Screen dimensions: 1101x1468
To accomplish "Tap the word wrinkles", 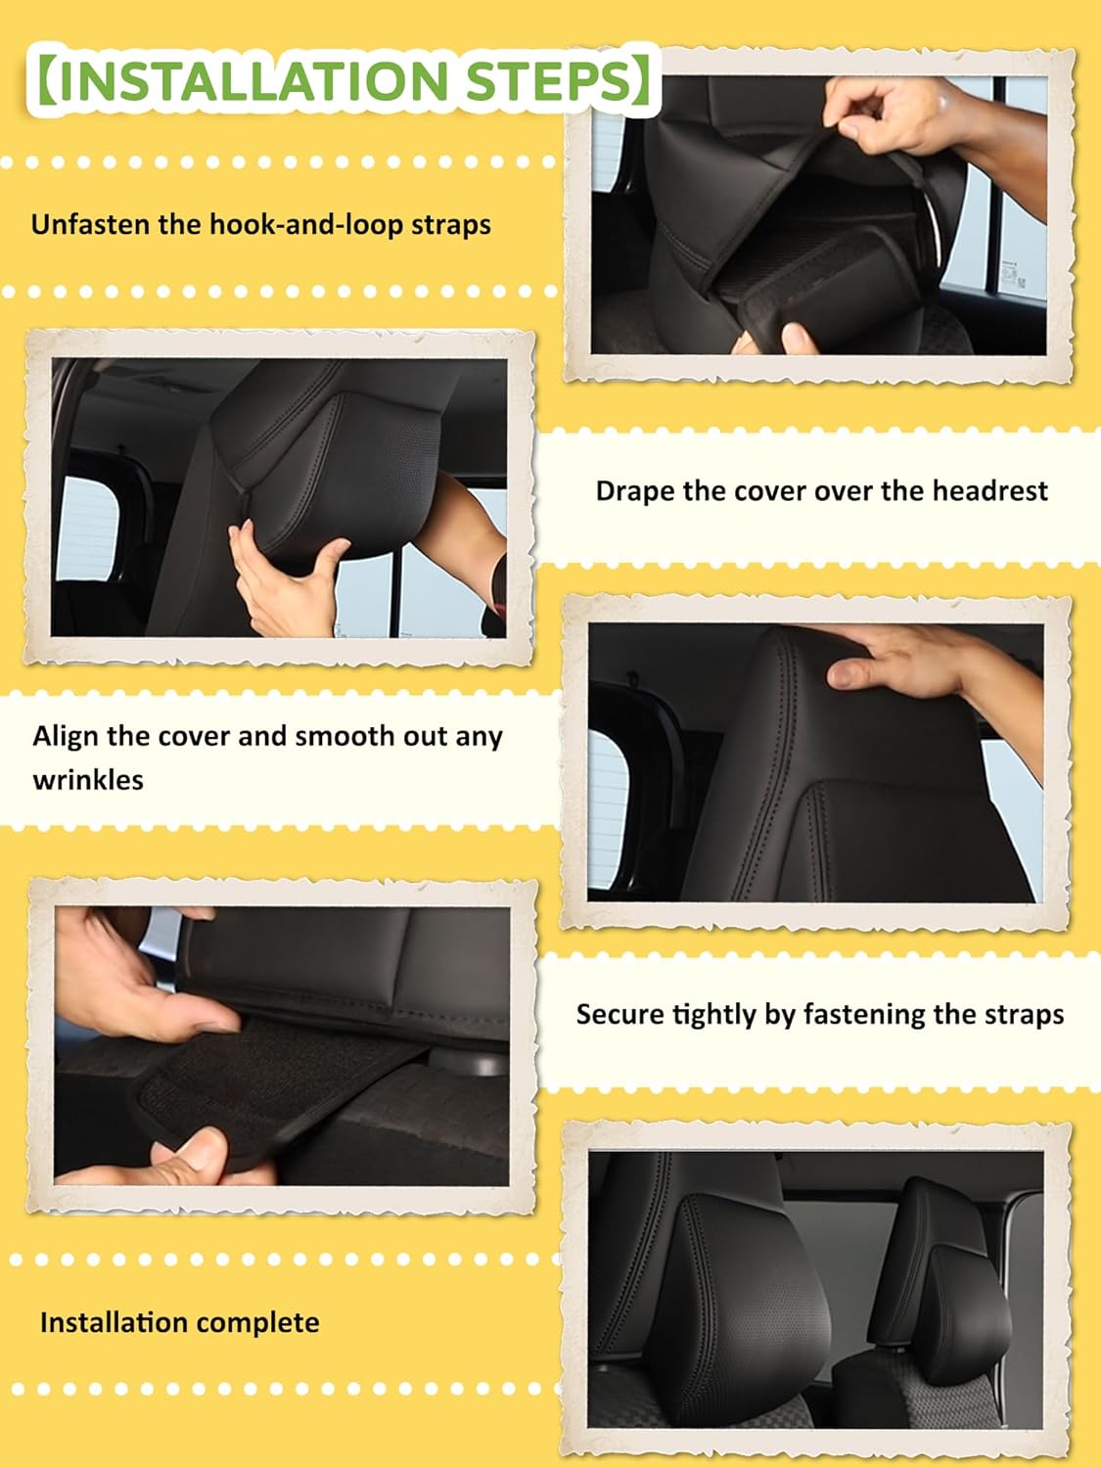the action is pyautogui.click(x=88, y=780).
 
